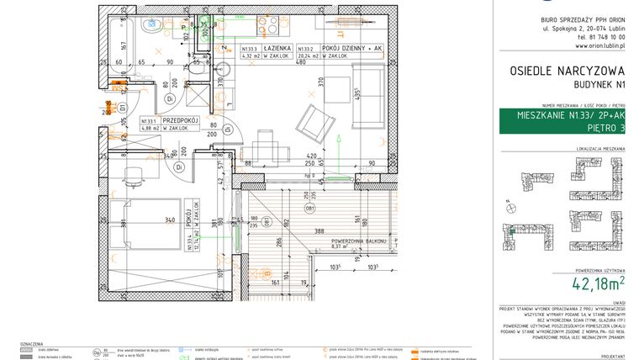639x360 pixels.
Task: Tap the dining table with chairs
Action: pos(268,151)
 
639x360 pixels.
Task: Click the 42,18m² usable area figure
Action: pos(598,283)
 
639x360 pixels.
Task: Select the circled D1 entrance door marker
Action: pos(122,108)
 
